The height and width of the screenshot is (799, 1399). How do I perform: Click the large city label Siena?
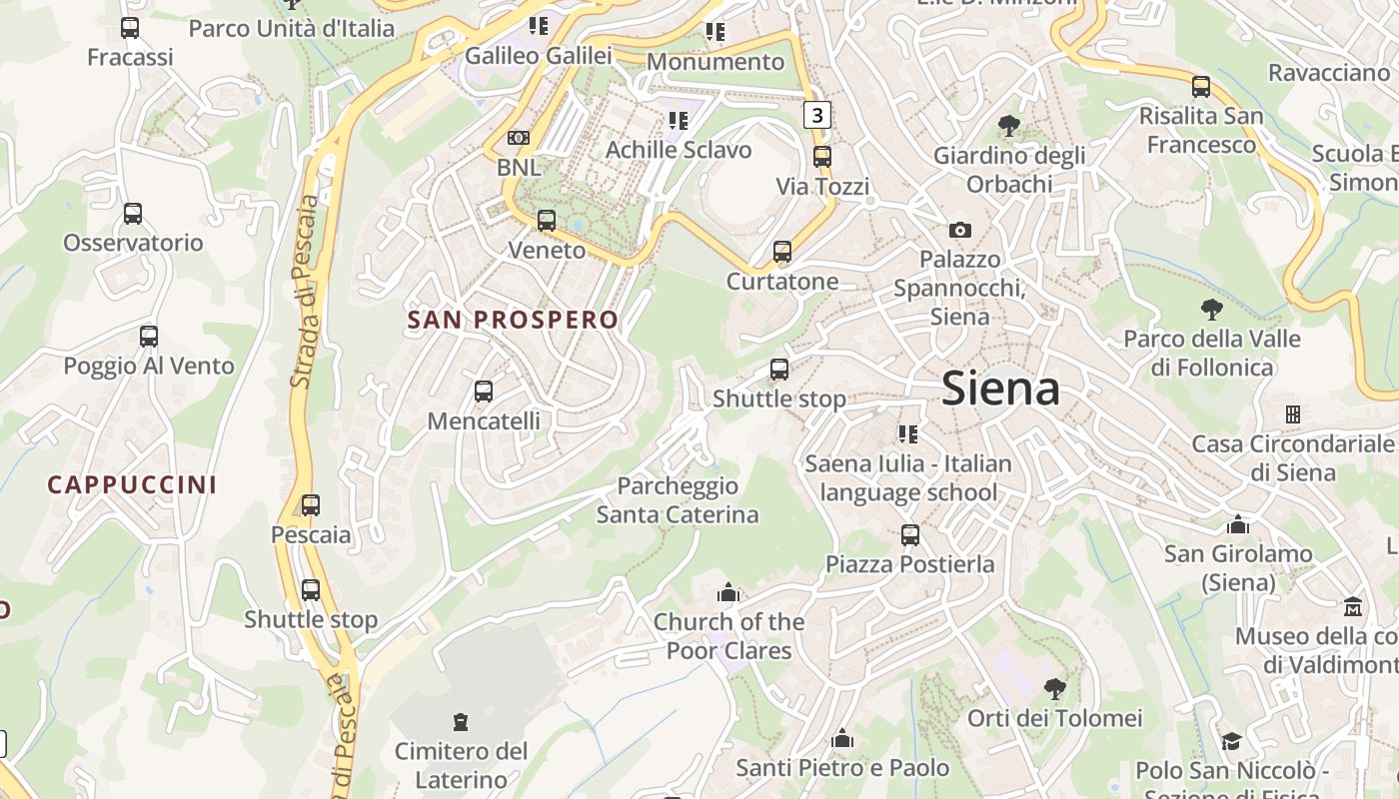pos(1000,388)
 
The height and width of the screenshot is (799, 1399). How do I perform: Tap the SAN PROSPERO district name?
pos(513,320)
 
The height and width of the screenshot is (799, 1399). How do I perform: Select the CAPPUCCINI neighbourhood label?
pos(132,484)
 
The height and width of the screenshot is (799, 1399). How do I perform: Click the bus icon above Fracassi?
pos(130,28)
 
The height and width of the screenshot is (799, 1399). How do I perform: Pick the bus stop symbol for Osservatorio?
pos(132,214)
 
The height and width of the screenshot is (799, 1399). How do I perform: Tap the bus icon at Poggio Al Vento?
pos(149,337)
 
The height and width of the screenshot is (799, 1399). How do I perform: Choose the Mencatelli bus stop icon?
pos(484,392)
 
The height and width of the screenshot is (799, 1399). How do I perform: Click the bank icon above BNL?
pos(519,138)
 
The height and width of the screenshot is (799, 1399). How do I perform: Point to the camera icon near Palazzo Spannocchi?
pos(959,231)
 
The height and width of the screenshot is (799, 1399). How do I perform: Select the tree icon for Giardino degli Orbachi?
pos(1009,126)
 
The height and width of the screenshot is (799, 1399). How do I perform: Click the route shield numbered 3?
pos(817,115)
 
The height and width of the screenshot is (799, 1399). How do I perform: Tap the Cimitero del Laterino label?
pos(461,764)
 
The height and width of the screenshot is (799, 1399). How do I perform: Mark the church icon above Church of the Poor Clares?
pos(727,593)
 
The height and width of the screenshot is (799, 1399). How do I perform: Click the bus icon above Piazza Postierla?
pos(909,535)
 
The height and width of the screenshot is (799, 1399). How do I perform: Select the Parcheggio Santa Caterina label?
pos(678,500)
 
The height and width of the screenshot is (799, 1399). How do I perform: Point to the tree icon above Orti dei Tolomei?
pos(1054,689)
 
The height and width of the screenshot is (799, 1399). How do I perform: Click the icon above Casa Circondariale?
pos(1292,413)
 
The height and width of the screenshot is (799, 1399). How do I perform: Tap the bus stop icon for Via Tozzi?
pos(822,157)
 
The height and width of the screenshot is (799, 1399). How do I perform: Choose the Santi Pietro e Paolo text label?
pos(842,768)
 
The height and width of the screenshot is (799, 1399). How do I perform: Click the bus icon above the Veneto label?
pos(547,221)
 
